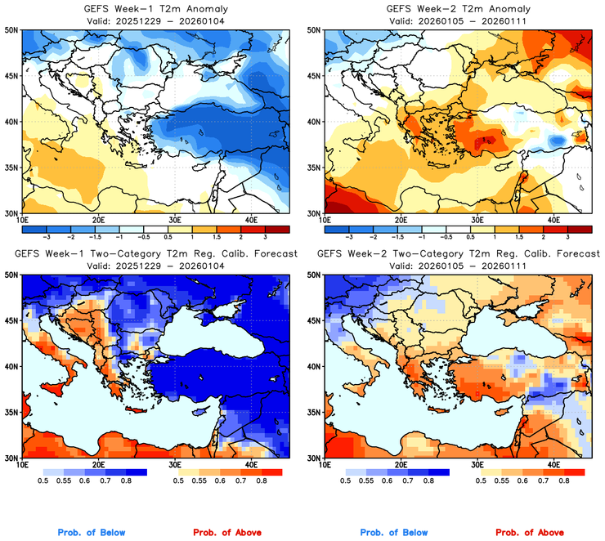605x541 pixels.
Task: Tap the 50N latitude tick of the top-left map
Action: (11, 30)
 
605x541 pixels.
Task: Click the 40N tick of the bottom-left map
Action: (11, 366)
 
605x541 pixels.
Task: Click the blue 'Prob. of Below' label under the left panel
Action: (92, 533)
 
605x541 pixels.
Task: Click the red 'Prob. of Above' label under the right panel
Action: (529, 533)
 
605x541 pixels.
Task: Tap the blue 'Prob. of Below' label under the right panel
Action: (394, 533)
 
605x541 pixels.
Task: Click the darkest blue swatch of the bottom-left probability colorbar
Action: (135, 472)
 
